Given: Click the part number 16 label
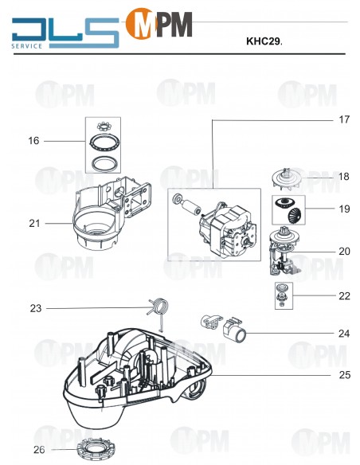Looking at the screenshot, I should pos(33,141).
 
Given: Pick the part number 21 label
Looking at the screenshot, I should pos(34,224).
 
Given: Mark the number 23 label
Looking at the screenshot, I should pos(35,308).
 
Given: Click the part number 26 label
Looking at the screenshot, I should pos(39,450).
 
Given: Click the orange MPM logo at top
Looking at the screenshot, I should pos(159,24).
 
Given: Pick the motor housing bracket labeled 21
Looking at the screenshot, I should pos(111,215).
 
